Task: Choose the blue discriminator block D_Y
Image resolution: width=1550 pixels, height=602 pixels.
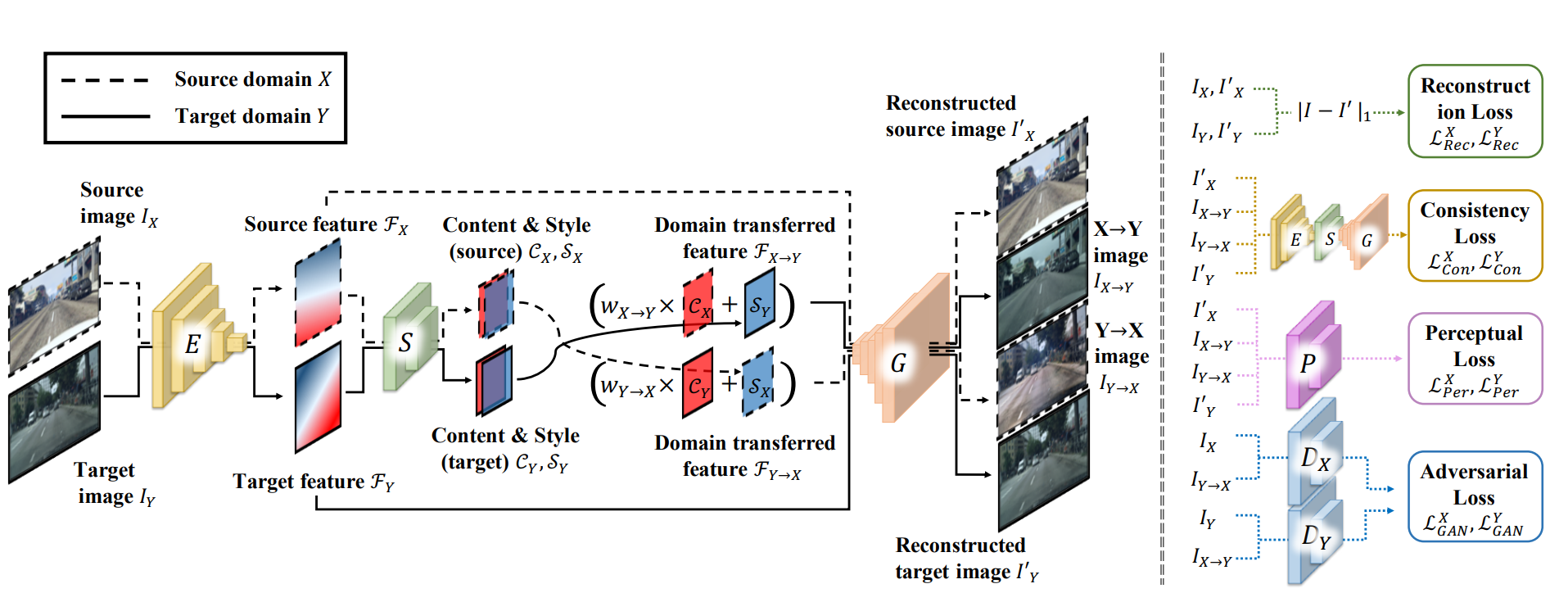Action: pyautogui.click(x=1315, y=536)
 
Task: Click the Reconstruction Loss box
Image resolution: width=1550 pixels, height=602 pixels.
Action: pyautogui.click(x=1475, y=111)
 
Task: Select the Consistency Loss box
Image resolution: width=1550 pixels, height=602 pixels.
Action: pyautogui.click(x=1475, y=236)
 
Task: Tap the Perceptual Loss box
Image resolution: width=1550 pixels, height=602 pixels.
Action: pyautogui.click(x=1474, y=359)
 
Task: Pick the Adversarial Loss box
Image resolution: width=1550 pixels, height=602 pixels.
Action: pyautogui.click(x=1474, y=497)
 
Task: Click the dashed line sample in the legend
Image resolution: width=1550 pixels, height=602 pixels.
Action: pyautogui.click(x=105, y=80)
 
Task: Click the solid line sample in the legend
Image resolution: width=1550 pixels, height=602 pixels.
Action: pyautogui.click(x=105, y=116)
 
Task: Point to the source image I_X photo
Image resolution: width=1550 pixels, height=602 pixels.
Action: pyautogui.click(x=54, y=306)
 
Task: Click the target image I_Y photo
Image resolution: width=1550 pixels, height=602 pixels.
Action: pyautogui.click(x=54, y=414)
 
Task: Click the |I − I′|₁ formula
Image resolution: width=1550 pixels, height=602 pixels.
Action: pyautogui.click(x=1334, y=111)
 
